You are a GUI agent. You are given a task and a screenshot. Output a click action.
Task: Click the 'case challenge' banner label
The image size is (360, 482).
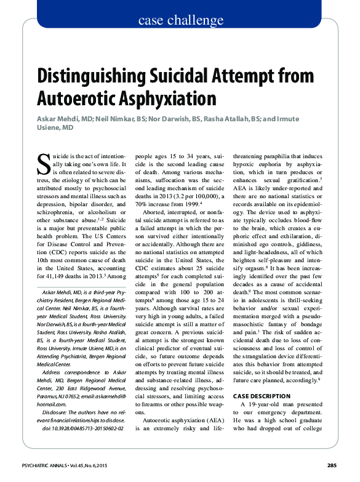(180, 21)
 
